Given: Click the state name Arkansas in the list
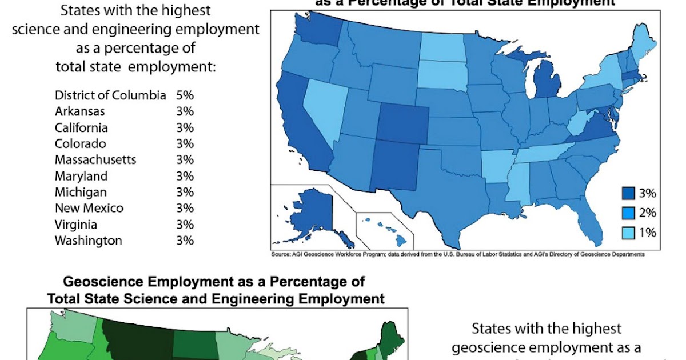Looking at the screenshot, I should pos(79,111).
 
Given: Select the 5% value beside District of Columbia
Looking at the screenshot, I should pos(185,95).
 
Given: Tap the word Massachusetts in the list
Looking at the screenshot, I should pos(95,160).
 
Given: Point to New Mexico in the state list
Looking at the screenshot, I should pos(89,208).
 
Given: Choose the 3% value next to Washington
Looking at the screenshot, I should pos(185,241).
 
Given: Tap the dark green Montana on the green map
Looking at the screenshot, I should pos(137,337).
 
